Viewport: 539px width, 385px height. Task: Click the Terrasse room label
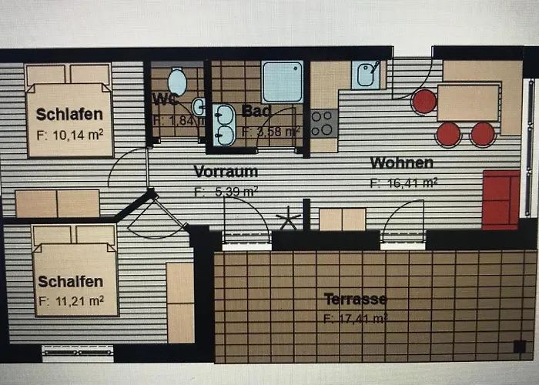click(355, 299)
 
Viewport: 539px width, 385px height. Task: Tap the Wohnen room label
click(401, 162)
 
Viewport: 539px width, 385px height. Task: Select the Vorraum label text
click(226, 171)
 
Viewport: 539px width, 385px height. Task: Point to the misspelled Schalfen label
click(70, 282)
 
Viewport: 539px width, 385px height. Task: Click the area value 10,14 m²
click(70, 133)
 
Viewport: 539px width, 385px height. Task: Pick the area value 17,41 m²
click(355, 316)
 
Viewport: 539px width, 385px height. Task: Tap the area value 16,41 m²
click(403, 183)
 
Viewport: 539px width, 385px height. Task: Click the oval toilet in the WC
click(178, 80)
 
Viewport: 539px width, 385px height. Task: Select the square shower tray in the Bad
click(283, 82)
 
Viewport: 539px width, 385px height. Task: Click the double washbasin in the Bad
click(225, 124)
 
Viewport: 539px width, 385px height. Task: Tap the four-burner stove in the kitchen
click(323, 123)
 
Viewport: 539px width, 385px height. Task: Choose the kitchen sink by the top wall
click(366, 75)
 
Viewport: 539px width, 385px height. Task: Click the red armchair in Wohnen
click(501, 199)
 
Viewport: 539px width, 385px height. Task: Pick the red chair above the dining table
click(423, 101)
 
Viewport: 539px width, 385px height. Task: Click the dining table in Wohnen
click(467, 102)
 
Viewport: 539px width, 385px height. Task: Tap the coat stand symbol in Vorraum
click(289, 219)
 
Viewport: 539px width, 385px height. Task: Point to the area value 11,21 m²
click(70, 300)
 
